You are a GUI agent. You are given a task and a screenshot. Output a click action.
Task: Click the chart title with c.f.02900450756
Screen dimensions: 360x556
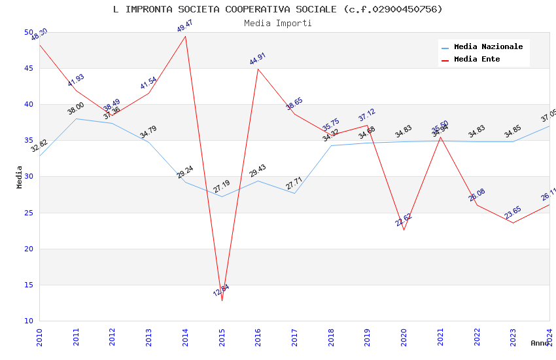point(278,9)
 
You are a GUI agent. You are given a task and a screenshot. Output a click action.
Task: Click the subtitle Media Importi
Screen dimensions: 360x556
point(278,23)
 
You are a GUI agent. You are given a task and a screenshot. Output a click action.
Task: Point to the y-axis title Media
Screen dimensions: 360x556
point(20,177)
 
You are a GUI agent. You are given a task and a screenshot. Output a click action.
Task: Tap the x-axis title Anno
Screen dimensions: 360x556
point(540,343)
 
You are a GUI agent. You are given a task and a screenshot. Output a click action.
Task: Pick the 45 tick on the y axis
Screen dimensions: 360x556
point(28,68)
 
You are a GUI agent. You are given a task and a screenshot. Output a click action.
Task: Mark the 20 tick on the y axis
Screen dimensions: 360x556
point(28,249)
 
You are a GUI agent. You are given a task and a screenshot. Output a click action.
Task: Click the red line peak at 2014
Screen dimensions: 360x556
point(186,36)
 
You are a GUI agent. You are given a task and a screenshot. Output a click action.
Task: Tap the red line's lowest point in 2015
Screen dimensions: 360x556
point(222,300)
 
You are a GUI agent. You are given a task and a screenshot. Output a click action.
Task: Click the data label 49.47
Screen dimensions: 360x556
point(185,26)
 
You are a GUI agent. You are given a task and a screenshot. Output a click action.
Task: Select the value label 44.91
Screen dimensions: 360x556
point(258,59)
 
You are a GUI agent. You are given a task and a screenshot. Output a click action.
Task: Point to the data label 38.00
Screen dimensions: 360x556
point(76,109)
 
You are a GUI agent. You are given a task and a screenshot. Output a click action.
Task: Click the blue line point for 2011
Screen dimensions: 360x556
point(76,118)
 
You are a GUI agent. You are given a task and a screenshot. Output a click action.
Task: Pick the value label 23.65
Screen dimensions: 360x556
point(513,213)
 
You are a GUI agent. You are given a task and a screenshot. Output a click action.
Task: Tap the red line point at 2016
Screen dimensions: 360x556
point(258,69)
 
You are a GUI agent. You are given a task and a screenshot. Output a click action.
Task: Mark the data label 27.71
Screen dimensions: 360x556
point(294,183)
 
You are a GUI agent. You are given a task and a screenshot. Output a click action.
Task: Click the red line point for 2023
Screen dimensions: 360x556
point(513,223)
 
